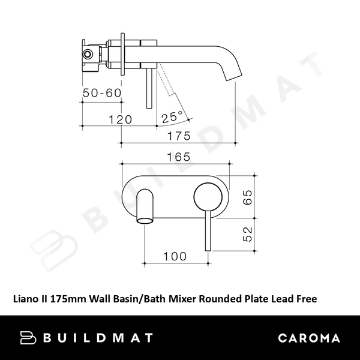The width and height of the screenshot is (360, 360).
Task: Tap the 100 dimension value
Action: pos(175,256)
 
